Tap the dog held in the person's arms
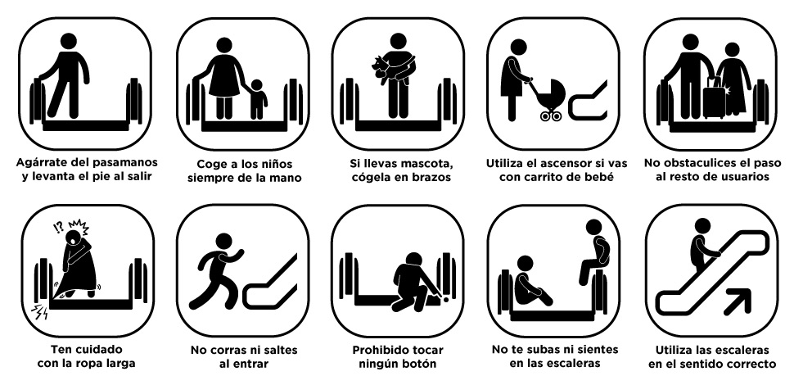pos(386,68)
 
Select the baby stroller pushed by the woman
pos(549,99)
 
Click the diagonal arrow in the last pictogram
pos(738,300)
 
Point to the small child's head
pos(257,85)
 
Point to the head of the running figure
pos(223,242)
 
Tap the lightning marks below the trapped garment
pos(40,311)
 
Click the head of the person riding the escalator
pos(702,226)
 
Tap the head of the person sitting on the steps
pos(526,265)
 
